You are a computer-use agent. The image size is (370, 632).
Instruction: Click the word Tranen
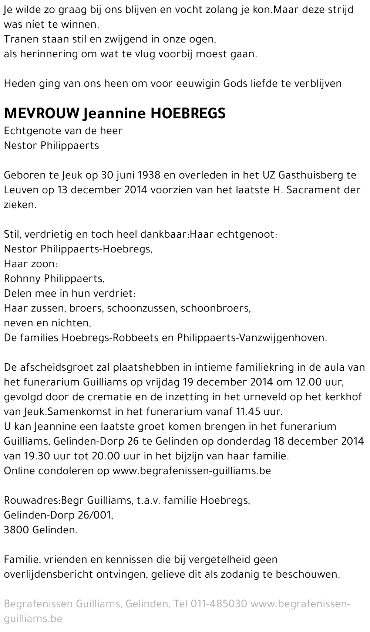click(x=20, y=39)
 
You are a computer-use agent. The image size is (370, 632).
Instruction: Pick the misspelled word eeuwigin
click(x=194, y=84)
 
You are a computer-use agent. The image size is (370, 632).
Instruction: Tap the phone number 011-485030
click(x=219, y=604)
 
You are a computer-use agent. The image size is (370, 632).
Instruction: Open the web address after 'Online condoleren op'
click(x=191, y=471)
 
